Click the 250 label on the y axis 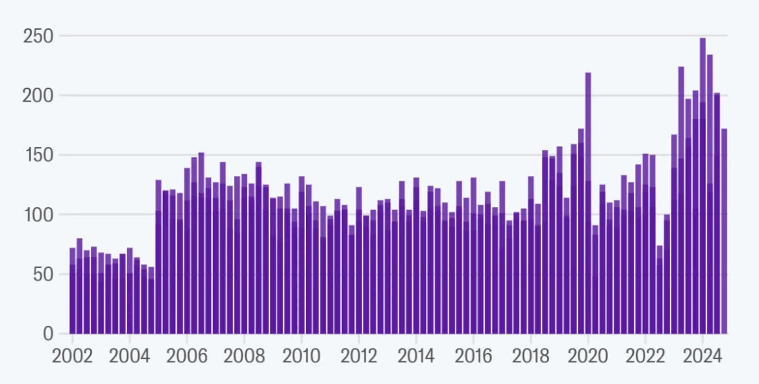pyautogui.click(x=38, y=36)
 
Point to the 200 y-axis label pyautogui.click(x=38, y=96)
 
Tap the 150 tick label pyautogui.click(x=39, y=156)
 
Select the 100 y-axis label pyautogui.click(x=39, y=215)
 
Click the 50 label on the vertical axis pyautogui.click(x=43, y=275)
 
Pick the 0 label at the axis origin pyautogui.click(x=48, y=334)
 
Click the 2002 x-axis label pyautogui.click(x=72, y=356)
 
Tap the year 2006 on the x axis pyautogui.click(x=187, y=356)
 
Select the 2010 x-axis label pyautogui.click(x=301, y=356)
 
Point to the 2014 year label pyautogui.click(x=416, y=356)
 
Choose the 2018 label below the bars pyautogui.click(x=530, y=356)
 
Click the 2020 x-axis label pyautogui.click(x=588, y=356)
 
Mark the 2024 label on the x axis pyautogui.click(x=702, y=356)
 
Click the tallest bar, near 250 pyautogui.click(x=703, y=186)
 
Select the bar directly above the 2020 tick pyautogui.click(x=588, y=203)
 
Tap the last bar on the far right pyautogui.click(x=724, y=231)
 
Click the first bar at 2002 pyautogui.click(x=72, y=291)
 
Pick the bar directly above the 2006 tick pyautogui.click(x=187, y=251)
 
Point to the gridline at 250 pyautogui.click(x=393, y=36)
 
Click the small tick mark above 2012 pyautogui.click(x=359, y=338)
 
